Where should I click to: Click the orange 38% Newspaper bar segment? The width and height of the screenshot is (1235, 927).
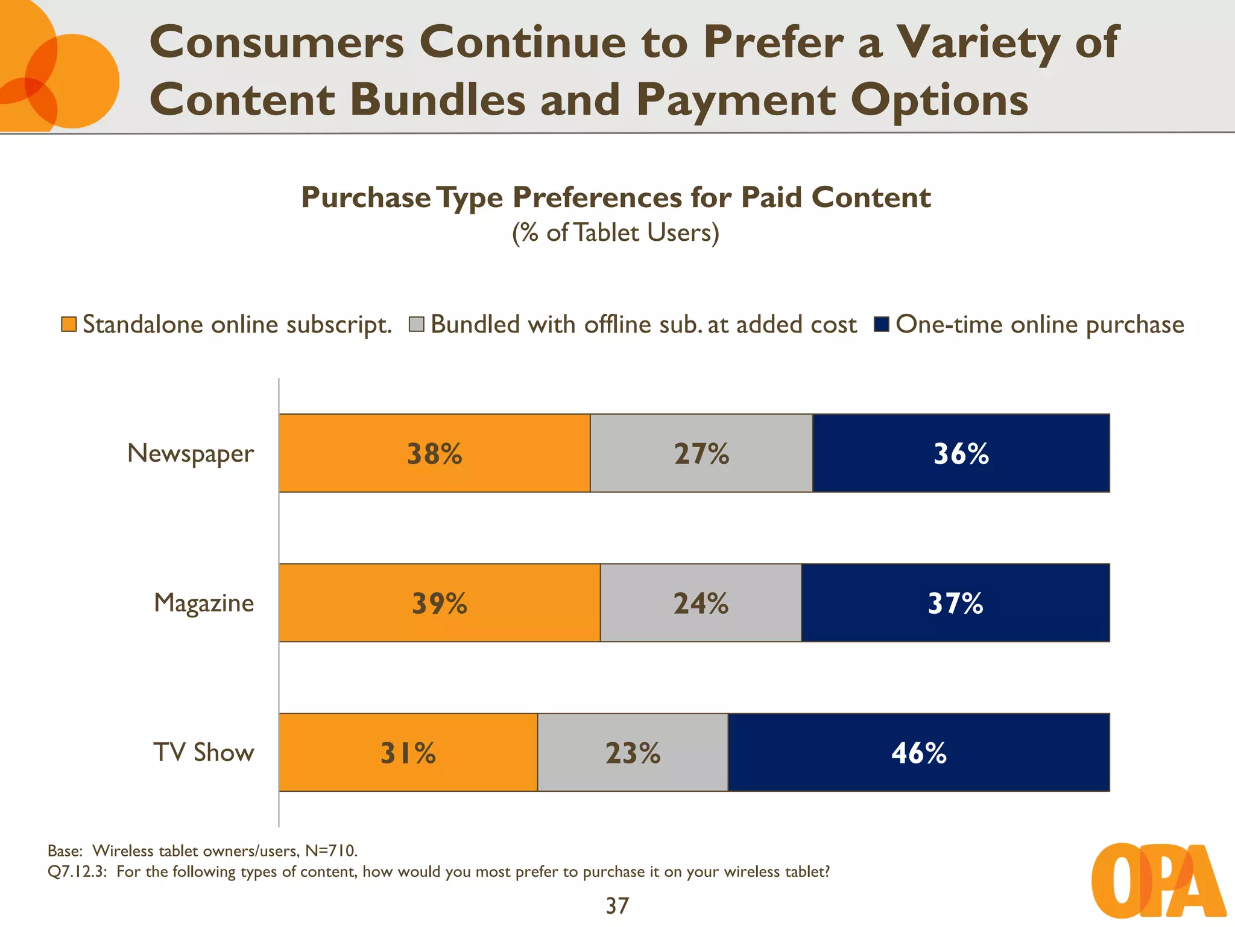434,453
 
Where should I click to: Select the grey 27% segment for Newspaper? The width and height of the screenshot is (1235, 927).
701,453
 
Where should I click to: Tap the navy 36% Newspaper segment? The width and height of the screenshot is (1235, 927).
961,453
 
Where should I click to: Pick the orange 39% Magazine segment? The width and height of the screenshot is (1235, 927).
440,603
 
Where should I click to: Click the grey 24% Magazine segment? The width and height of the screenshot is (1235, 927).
701,603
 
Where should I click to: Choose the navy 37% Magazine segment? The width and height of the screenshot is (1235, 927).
955,603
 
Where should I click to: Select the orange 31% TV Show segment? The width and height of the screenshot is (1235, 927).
408,753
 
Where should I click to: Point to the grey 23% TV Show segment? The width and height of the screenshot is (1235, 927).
633,753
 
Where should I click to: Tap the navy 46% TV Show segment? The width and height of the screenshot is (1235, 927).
918,753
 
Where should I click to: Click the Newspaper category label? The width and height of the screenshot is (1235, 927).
191,453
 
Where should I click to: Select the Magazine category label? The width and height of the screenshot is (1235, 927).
204,603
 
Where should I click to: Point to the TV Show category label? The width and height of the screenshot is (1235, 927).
204,753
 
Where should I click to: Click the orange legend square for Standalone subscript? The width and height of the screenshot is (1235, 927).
69,325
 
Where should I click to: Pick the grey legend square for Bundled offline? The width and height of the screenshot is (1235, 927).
417,325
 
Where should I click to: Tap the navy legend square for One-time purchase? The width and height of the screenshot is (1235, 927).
882,325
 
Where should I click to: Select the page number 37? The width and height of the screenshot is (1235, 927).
617,905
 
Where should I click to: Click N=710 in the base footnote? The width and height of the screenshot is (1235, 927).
331,851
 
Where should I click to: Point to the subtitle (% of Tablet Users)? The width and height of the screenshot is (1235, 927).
616,233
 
